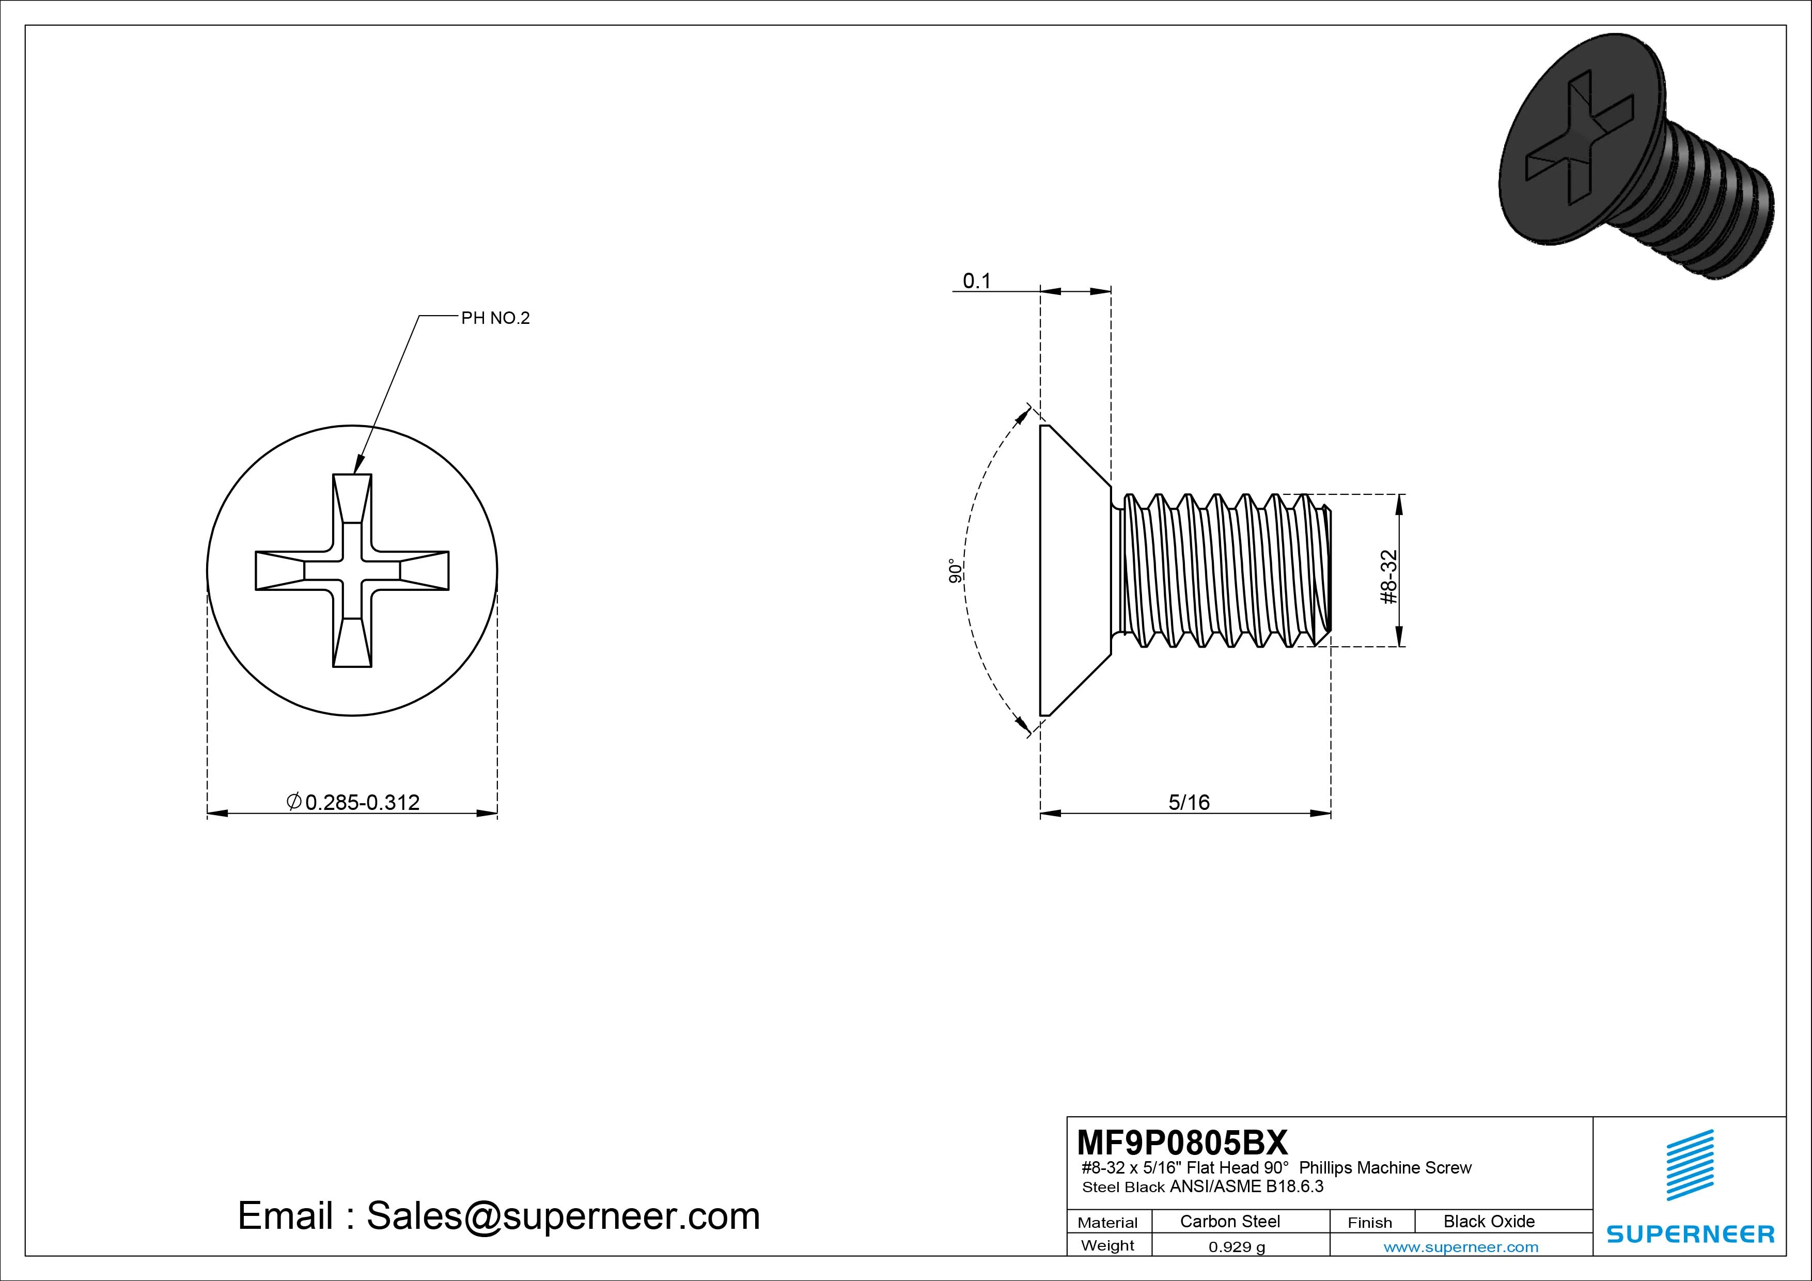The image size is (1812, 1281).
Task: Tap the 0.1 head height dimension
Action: (976, 281)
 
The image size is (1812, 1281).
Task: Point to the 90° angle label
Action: (956, 571)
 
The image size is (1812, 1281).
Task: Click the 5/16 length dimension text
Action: (1189, 802)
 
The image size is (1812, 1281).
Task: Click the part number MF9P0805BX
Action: (1181, 1142)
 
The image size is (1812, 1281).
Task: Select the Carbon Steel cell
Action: (1229, 1221)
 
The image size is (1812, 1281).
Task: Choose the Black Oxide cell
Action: (1489, 1221)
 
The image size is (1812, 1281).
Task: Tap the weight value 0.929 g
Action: (1237, 1247)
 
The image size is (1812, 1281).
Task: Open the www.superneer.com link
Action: (1461, 1247)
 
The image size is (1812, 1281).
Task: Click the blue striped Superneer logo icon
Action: (1690, 1165)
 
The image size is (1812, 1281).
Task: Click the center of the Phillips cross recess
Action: (352, 571)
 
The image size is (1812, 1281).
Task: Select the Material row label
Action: (1107, 1223)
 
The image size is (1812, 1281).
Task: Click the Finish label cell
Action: (1370, 1223)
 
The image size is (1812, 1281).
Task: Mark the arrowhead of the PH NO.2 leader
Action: (357, 467)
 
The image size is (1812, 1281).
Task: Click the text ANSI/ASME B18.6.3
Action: (1246, 1186)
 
